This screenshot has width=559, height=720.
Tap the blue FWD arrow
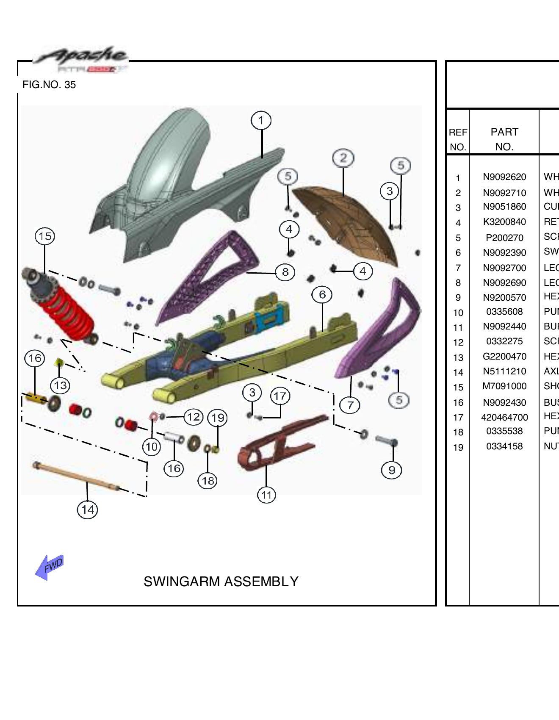pyautogui.click(x=50, y=567)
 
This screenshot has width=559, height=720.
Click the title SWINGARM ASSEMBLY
pyautogui.click(x=221, y=582)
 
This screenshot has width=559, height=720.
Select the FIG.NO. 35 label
pyautogui.click(x=49, y=85)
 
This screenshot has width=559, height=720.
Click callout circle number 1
pyautogui.click(x=261, y=120)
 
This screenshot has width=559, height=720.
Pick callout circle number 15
pyautogui.click(x=45, y=236)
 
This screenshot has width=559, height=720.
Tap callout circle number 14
pyautogui.click(x=87, y=510)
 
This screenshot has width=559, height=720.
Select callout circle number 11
pyautogui.click(x=266, y=495)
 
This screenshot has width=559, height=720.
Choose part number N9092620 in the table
pyautogui.click(x=504, y=177)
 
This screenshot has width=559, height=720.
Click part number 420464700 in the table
pyautogui.click(x=504, y=418)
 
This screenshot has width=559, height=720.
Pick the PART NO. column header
pyautogui.click(x=504, y=139)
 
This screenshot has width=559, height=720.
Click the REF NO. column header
pyautogui.click(x=458, y=139)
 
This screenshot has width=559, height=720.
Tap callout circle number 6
pyautogui.click(x=322, y=294)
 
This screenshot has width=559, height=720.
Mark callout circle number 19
pyautogui.click(x=218, y=418)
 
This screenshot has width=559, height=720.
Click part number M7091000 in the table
pyautogui.click(x=504, y=386)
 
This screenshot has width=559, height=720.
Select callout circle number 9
pyautogui.click(x=392, y=470)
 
